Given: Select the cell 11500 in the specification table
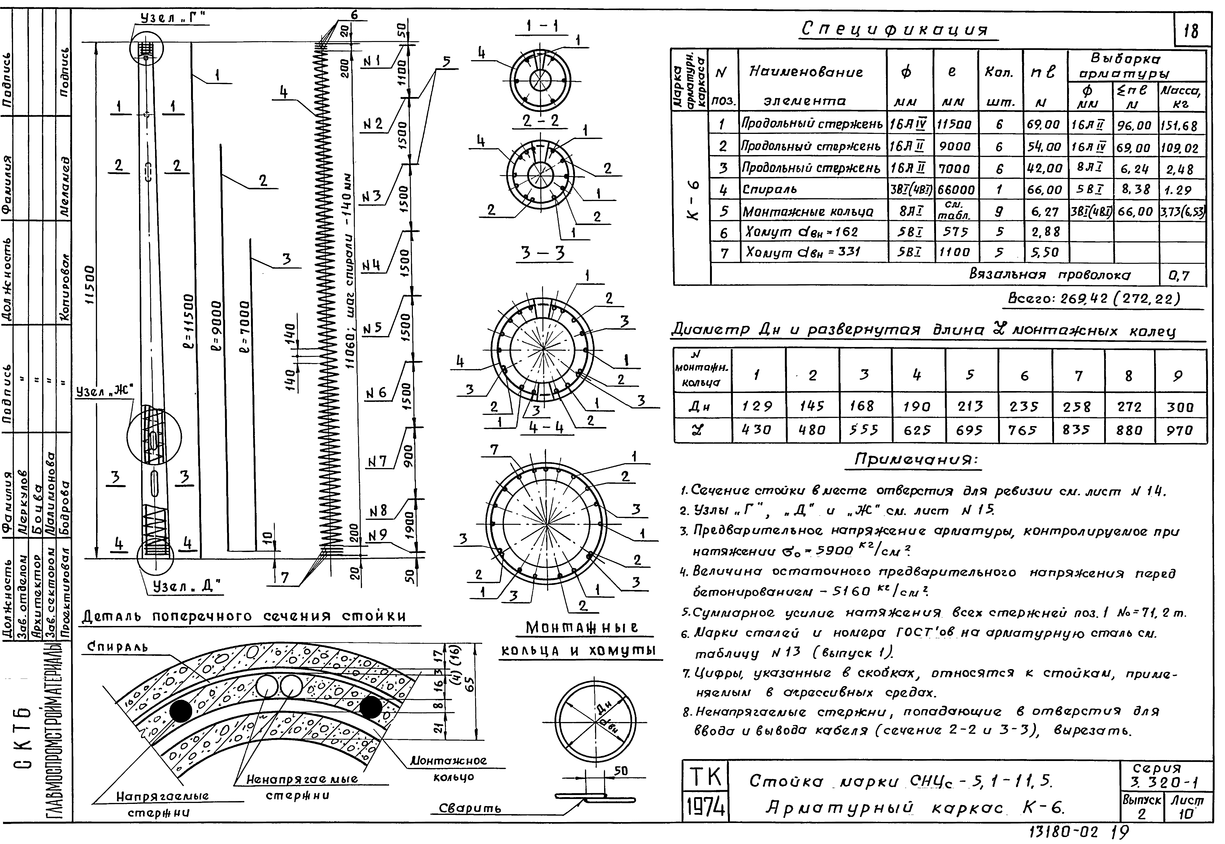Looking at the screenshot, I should (955, 126).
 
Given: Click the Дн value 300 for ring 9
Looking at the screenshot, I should (1180, 407).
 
